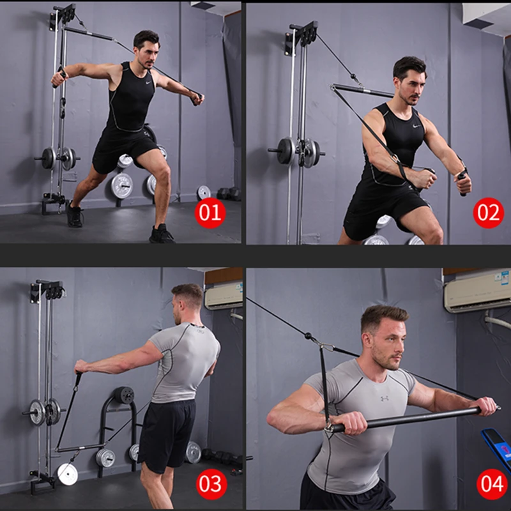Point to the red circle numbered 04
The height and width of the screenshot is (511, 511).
(x=492, y=484)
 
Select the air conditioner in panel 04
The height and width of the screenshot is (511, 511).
(x=477, y=291)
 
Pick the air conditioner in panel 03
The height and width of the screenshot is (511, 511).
(x=224, y=295)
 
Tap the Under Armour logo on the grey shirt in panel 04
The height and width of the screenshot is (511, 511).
(x=385, y=399)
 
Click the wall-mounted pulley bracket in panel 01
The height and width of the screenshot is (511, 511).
(x=63, y=16)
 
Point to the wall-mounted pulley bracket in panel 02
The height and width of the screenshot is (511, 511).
(x=301, y=37)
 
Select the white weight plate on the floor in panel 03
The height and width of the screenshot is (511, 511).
(x=67, y=473)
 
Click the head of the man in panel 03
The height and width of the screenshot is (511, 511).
(x=187, y=304)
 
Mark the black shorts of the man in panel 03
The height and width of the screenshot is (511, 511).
(x=167, y=434)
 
